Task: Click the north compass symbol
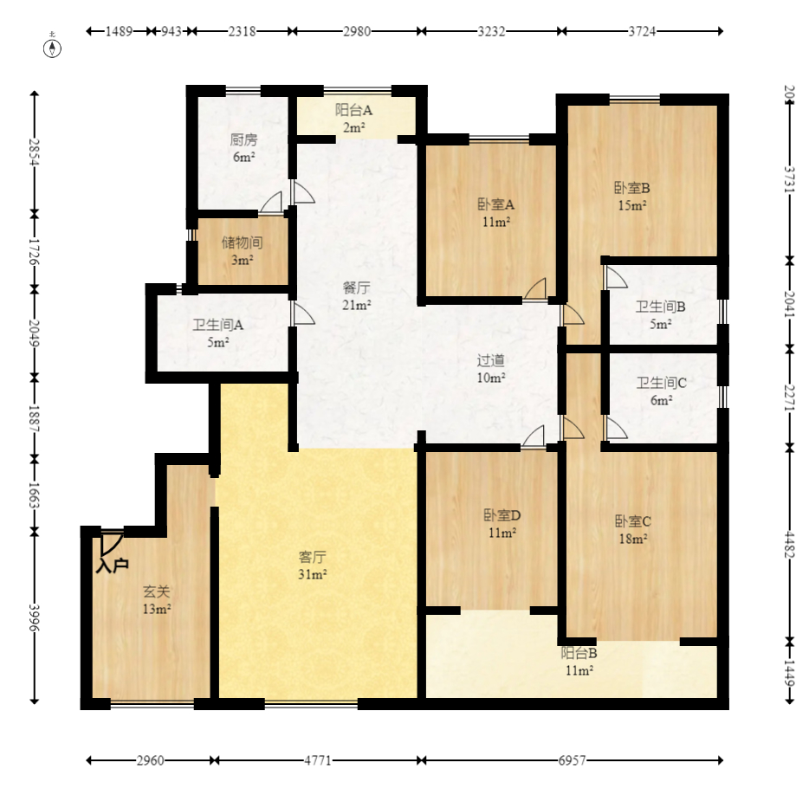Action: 52,48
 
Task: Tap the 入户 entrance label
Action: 112,566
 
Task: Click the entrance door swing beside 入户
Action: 111,542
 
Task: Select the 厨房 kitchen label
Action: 243,139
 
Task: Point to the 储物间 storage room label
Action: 242,242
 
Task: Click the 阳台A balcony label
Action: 354,110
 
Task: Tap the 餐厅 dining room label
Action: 357,288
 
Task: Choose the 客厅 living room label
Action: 312,557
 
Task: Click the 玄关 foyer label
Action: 156,591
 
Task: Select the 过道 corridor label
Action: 490,360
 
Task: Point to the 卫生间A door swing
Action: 303,313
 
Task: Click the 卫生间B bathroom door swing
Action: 616,276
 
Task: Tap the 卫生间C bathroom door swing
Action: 616,428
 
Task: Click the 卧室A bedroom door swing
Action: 535,288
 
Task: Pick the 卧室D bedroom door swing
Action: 533,436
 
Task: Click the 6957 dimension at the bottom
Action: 573,760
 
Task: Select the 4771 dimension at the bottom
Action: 318,760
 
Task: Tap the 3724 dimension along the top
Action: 643,31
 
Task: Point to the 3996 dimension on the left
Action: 34,617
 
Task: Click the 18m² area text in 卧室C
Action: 633,539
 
